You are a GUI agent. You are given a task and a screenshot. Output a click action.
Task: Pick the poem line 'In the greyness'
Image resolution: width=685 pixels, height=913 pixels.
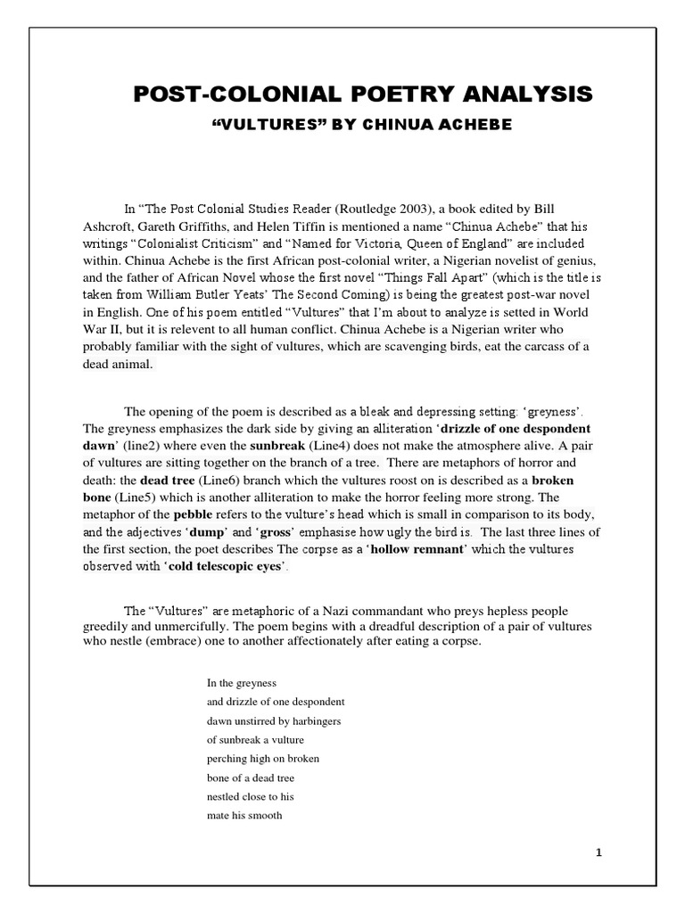tap(243, 683)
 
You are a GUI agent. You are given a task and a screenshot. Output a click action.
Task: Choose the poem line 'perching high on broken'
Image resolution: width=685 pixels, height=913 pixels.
tap(263, 758)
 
